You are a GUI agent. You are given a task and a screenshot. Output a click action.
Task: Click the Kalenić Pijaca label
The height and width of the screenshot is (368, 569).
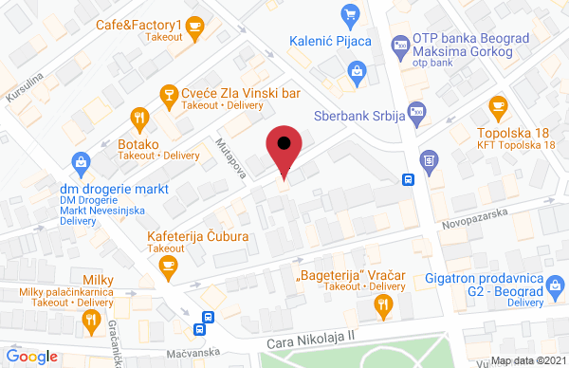(341, 42)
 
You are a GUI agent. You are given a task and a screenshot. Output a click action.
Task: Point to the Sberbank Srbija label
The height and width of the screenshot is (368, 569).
(359, 117)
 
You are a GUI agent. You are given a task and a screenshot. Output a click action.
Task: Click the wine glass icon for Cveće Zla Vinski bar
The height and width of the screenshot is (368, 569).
(168, 93)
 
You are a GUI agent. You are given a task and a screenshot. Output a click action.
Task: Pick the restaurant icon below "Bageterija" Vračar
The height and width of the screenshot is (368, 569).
(383, 304)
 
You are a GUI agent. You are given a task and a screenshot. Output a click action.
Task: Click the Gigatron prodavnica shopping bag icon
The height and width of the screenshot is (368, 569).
(552, 283)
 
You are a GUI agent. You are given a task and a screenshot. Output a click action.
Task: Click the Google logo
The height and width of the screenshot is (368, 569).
(31, 356)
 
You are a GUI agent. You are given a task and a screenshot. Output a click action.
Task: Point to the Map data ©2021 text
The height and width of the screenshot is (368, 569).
(531, 359)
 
